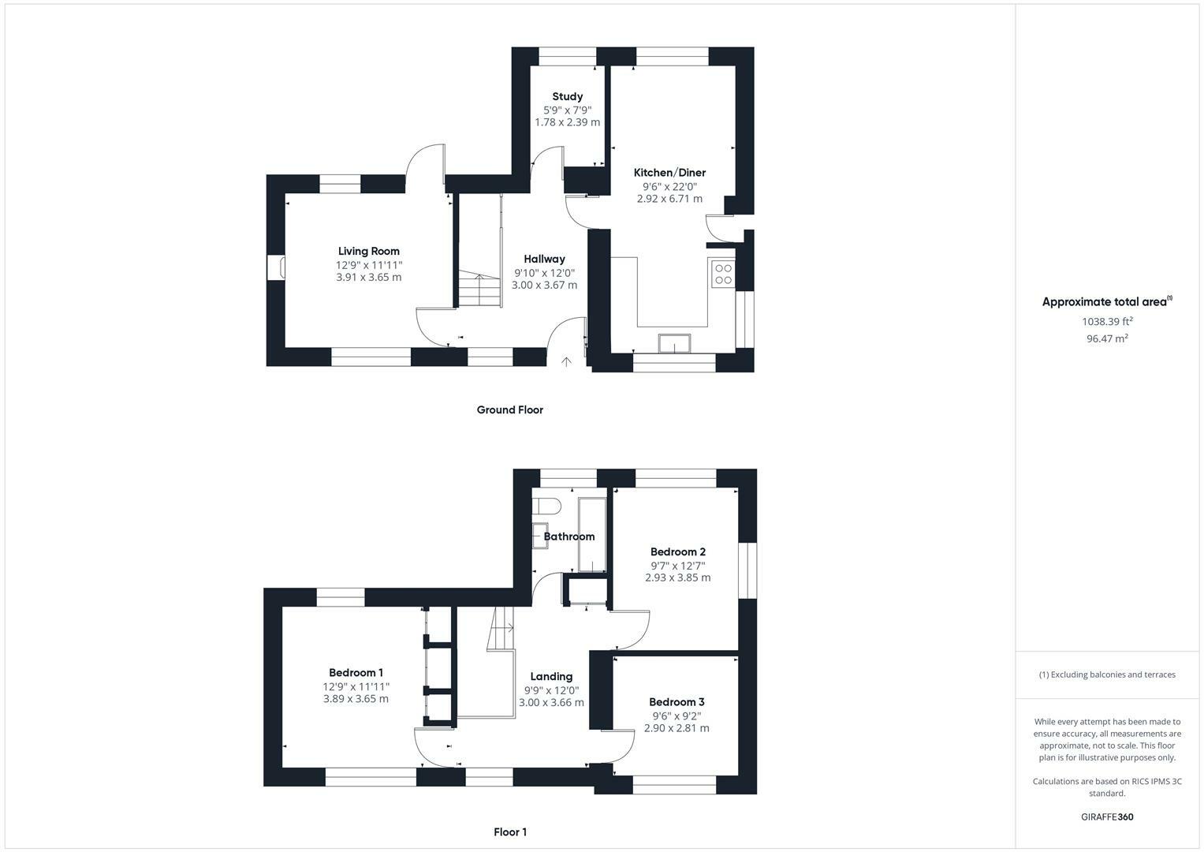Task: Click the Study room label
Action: click(567, 97)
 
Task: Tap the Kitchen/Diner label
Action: click(669, 173)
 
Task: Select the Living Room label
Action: click(369, 252)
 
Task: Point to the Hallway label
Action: click(544, 259)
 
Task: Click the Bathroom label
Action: click(569, 536)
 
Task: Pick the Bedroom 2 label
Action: click(677, 552)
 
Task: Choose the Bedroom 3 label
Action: click(677, 702)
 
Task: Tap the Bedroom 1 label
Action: click(356, 673)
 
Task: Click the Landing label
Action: click(551, 677)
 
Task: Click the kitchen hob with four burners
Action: click(723, 274)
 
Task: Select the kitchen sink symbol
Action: click(675, 343)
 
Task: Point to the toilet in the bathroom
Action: click(546, 505)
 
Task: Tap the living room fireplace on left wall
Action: click(276, 267)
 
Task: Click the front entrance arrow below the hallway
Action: click(566, 362)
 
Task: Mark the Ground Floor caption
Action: click(509, 410)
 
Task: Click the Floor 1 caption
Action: click(510, 832)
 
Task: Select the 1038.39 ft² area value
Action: click(1107, 322)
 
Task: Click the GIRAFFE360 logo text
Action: click(1107, 817)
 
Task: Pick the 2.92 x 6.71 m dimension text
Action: click(669, 199)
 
